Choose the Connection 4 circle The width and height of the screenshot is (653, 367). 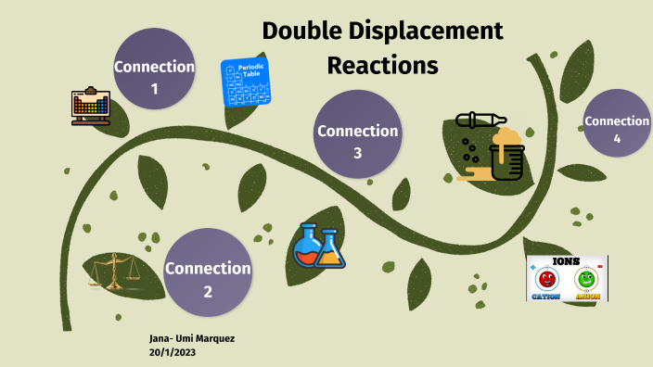[617, 126]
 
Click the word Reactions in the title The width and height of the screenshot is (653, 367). [381, 66]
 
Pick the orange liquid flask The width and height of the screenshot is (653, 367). [329, 250]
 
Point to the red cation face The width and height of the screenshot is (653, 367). [546, 279]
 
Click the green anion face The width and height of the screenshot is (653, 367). [586, 279]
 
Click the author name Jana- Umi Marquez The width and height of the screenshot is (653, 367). [191, 338]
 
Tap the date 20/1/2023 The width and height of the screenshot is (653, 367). [172, 353]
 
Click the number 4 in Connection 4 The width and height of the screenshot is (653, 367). [617, 139]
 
